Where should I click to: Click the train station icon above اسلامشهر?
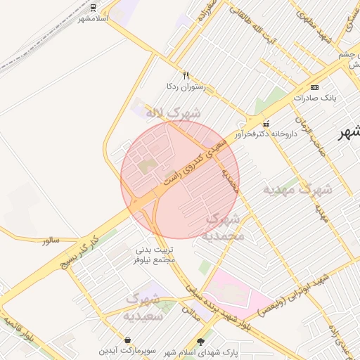click(94, 6)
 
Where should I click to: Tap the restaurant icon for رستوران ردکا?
click(186, 75)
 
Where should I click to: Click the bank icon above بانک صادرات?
click(314, 87)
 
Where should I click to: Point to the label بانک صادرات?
click(313, 98)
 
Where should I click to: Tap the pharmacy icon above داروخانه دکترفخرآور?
click(265, 122)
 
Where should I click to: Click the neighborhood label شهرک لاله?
click(173, 112)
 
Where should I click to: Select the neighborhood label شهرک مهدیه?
click(297, 189)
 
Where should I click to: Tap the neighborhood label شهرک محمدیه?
click(224, 227)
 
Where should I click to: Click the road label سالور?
click(51, 240)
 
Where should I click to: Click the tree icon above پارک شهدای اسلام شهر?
click(202, 341)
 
